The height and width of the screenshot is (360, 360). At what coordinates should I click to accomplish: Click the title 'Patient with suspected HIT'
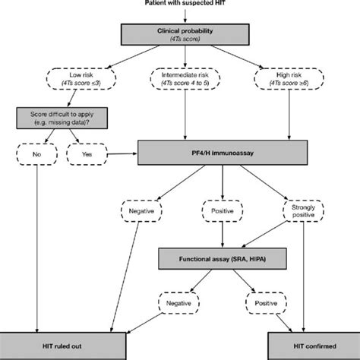[179, 5]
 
